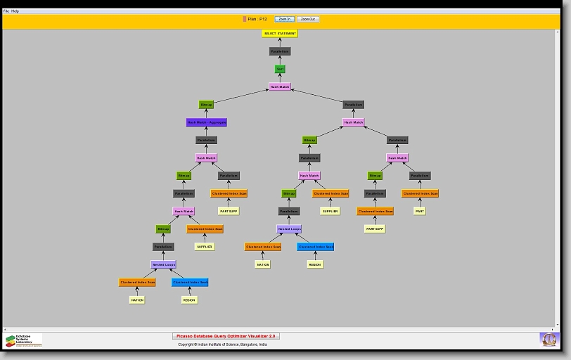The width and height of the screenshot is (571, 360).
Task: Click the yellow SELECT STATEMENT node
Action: (280, 33)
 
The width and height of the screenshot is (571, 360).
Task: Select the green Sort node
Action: (280, 69)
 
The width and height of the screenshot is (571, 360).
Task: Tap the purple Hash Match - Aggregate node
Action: (207, 122)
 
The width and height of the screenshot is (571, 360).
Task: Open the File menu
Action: (6, 11)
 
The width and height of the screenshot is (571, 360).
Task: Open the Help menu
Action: (15, 11)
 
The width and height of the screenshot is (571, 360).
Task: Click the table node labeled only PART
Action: (420, 211)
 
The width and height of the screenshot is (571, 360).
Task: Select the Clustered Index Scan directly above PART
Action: (420, 193)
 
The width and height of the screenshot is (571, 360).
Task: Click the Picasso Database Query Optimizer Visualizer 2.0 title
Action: (226, 336)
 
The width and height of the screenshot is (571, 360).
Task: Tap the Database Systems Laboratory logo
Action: (24, 340)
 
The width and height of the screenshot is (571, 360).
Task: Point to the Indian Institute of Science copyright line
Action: (222, 345)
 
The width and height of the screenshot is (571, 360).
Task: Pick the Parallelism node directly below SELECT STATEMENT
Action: (280, 51)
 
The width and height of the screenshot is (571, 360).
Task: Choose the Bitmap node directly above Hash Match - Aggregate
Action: (206, 105)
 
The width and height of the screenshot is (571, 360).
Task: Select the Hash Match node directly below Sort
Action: (280, 87)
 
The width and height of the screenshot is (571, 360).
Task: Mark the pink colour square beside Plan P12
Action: (245, 19)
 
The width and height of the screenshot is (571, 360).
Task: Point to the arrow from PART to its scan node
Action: (420, 202)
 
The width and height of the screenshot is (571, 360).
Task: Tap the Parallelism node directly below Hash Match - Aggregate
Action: (206, 140)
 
